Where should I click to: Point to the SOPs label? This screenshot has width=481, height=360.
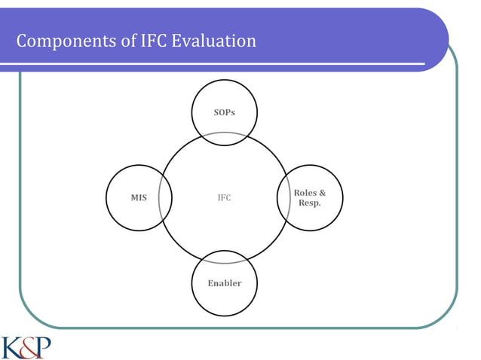(225, 112)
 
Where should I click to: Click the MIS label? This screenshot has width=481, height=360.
(139, 198)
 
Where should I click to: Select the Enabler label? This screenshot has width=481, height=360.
(225, 283)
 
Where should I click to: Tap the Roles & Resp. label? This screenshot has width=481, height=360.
(310, 198)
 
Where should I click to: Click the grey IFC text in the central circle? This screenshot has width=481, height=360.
(224, 198)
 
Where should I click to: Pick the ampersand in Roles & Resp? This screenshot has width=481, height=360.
(323, 194)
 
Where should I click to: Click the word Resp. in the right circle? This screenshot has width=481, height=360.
(310, 203)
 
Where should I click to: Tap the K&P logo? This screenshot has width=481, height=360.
(26, 347)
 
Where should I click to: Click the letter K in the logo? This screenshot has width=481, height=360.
(12, 347)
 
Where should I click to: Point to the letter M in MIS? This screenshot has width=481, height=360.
(133, 198)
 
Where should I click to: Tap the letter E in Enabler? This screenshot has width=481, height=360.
(211, 283)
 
